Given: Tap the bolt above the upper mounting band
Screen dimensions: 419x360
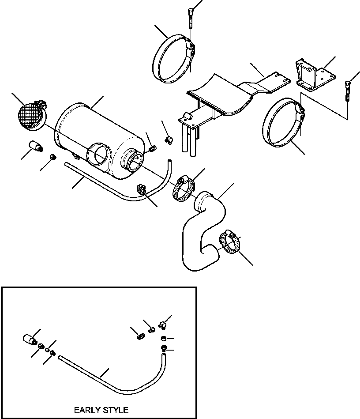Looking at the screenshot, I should (190, 16).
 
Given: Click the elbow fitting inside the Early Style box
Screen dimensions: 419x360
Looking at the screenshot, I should (163, 325).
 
